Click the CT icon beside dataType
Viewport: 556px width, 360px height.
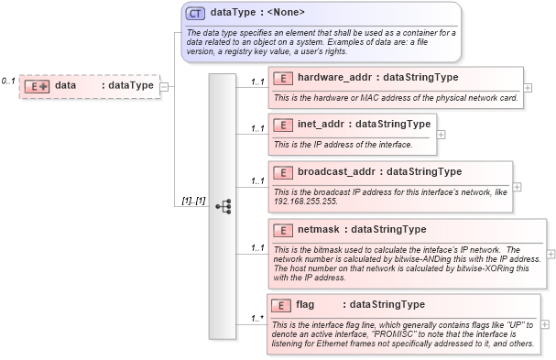[195, 13]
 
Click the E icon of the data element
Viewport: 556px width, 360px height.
[37, 86]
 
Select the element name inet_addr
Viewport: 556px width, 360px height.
[324, 124]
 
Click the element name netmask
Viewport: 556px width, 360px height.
[322, 229]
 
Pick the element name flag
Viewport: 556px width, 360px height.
[305, 304]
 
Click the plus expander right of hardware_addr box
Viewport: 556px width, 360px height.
[529, 87]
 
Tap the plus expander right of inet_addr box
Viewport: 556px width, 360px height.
[442, 134]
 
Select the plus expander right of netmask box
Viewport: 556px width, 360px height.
[551, 254]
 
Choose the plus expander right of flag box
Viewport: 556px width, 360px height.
[545, 323]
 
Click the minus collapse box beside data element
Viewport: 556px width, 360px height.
[164, 86]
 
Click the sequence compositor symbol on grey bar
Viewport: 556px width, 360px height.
[223, 206]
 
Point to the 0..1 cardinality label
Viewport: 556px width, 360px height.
[8, 82]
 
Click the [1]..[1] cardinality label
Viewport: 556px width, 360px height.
[191, 201]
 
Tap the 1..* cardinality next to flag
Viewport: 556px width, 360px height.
[258, 319]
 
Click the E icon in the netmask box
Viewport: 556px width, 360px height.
[283, 229]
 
